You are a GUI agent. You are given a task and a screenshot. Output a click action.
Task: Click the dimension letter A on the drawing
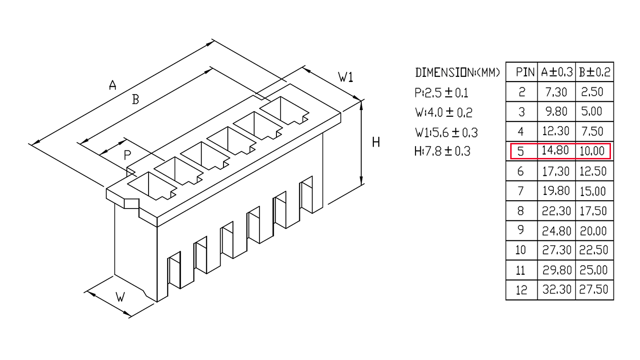(113, 85)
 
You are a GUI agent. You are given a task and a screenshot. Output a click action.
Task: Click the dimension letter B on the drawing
(135, 99)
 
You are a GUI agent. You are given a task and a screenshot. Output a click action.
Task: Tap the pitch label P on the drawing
(127, 155)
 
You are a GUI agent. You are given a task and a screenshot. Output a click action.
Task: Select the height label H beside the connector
(376, 142)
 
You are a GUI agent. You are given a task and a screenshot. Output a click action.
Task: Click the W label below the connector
(120, 297)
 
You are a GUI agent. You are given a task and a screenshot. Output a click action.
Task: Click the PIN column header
(525, 72)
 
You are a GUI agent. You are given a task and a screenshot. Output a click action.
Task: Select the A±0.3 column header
(557, 72)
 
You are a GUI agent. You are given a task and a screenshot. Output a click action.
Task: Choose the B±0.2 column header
(595, 72)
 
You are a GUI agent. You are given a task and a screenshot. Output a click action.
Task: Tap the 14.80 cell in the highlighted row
(555, 150)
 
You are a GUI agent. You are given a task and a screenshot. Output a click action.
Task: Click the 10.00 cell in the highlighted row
(592, 151)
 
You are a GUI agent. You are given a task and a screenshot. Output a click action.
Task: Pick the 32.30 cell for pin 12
(557, 290)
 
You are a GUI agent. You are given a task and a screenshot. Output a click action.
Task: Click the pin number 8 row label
(521, 211)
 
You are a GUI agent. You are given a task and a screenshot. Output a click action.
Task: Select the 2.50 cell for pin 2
(592, 92)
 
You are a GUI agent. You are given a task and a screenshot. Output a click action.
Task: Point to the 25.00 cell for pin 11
(593, 270)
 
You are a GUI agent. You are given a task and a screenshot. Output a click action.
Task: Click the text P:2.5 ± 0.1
(441, 93)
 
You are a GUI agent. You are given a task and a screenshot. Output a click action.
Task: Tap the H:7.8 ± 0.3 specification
(442, 151)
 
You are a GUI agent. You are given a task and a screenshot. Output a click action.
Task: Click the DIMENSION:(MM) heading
(457, 73)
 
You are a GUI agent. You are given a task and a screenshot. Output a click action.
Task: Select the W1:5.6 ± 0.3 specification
(447, 132)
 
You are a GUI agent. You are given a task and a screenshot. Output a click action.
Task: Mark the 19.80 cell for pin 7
(556, 191)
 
